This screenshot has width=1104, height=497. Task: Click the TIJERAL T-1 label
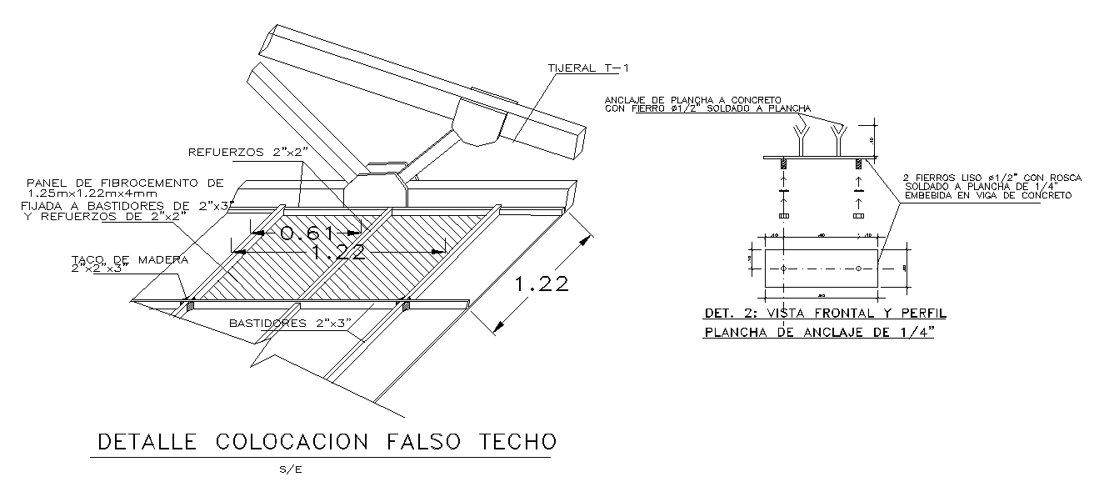coord(584,68)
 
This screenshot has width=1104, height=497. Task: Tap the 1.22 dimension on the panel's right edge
coord(542,284)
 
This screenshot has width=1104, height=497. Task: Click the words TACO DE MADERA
coord(129,259)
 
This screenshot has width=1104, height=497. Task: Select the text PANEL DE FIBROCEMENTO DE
coord(125,182)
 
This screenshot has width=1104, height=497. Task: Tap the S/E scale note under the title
coord(291,469)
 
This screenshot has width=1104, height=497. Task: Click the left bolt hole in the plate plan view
coord(784,269)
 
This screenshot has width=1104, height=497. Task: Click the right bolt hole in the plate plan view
coord(858,269)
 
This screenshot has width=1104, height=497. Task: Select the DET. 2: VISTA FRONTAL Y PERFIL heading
coord(825,314)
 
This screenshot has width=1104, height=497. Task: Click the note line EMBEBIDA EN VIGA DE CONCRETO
coord(987,194)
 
